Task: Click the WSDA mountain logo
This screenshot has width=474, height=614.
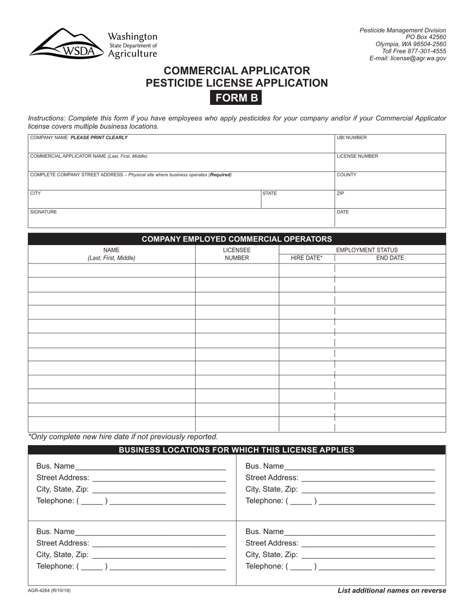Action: [67, 44]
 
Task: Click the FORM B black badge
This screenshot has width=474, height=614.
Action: [237, 98]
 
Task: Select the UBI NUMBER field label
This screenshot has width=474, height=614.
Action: [352, 138]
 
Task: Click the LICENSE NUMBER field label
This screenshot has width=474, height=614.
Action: [357, 156]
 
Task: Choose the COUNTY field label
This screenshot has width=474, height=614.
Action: [347, 175]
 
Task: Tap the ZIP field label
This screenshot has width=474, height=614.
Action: [341, 193]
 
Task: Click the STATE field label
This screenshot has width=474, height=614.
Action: [269, 193]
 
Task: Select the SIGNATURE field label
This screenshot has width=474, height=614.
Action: [44, 212]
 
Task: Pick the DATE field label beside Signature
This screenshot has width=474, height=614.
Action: [343, 212]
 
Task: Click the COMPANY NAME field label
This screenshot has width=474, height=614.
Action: [79, 138]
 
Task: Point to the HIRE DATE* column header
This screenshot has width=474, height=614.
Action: [306, 258]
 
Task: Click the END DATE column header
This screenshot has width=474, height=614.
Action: [390, 258]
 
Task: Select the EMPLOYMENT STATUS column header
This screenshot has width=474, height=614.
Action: [367, 250]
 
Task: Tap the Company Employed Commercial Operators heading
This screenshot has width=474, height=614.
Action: [237, 239]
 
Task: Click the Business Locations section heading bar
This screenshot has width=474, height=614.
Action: [237, 450]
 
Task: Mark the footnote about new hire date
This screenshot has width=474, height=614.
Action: [123, 436]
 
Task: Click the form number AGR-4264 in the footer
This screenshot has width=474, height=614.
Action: [49, 591]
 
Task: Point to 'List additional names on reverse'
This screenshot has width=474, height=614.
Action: [392, 591]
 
